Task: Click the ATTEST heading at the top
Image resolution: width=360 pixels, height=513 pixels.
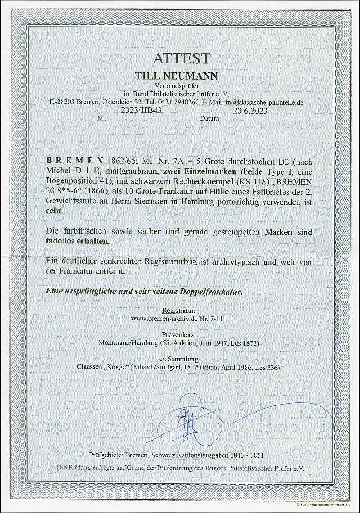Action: click(x=180, y=59)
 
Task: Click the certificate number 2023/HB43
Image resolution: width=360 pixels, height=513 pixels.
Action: click(x=113, y=110)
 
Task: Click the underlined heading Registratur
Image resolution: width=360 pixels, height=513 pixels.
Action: click(x=179, y=311)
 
